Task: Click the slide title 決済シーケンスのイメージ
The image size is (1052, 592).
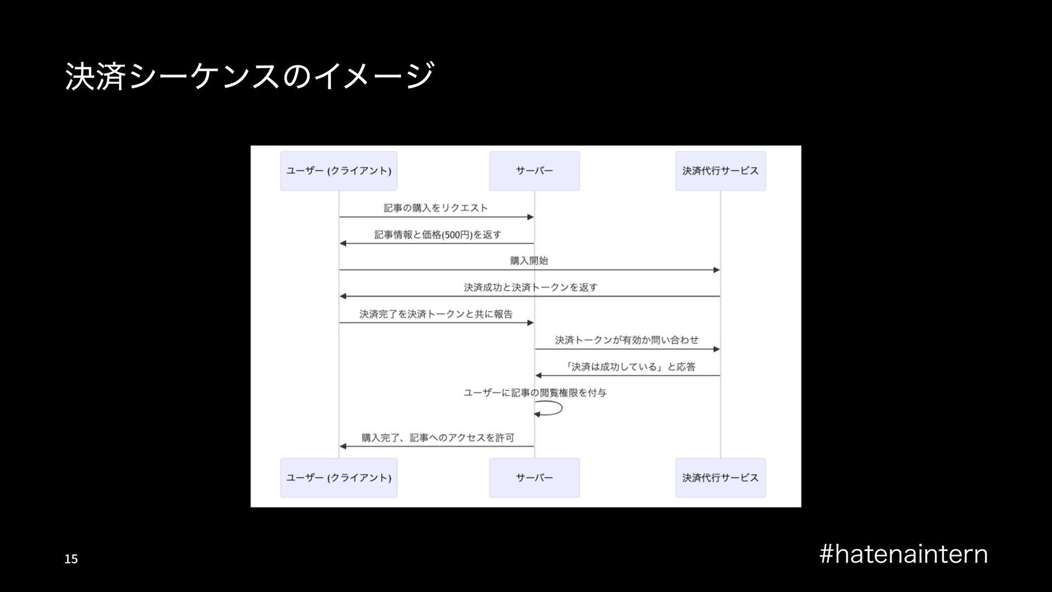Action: (x=249, y=76)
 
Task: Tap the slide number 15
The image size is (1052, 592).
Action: (x=71, y=559)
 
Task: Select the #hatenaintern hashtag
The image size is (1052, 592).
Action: (x=904, y=554)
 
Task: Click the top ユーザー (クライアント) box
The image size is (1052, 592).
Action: (x=339, y=171)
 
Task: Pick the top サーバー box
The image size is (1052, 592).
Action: (x=534, y=171)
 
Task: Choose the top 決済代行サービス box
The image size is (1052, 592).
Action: (x=720, y=171)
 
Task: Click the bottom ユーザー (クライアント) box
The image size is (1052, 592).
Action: (x=339, y=478)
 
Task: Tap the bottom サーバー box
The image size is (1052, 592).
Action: (x=534, y=478)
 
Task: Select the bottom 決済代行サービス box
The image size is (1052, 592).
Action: (x=720, y=478)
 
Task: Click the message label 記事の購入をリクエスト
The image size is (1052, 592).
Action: (x=436, y=208)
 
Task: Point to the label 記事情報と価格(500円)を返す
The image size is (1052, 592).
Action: (x=438, y=235)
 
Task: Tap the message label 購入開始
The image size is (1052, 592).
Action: (x=529, y=261)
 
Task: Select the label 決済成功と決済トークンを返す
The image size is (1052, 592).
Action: (x=530, y=287)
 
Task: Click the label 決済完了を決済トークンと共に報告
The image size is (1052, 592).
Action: (x=436, y=314)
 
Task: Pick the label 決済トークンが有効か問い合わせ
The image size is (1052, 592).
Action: (x=627, y=340)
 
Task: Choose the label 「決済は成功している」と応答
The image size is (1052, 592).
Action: (x=630, y=367)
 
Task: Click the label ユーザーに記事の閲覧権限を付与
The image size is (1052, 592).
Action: (x=535, y=393)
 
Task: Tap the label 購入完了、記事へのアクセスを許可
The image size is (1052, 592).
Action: (x=438, y=437)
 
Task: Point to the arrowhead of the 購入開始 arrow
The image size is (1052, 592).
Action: (x=716, y=270)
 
